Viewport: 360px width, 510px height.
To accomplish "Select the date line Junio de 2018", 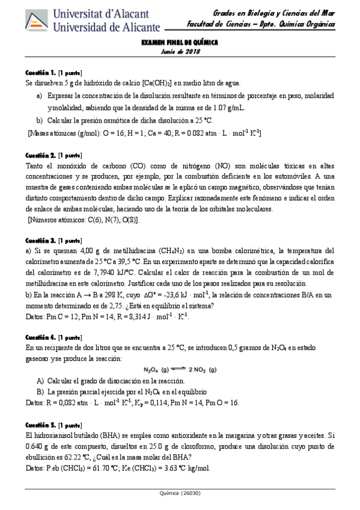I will point(179,52).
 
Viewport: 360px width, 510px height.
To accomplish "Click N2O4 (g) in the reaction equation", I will point(156,369).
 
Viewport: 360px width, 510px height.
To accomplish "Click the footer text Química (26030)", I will point(179,493).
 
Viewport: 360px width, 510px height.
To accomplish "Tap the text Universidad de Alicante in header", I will point(107,27).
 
